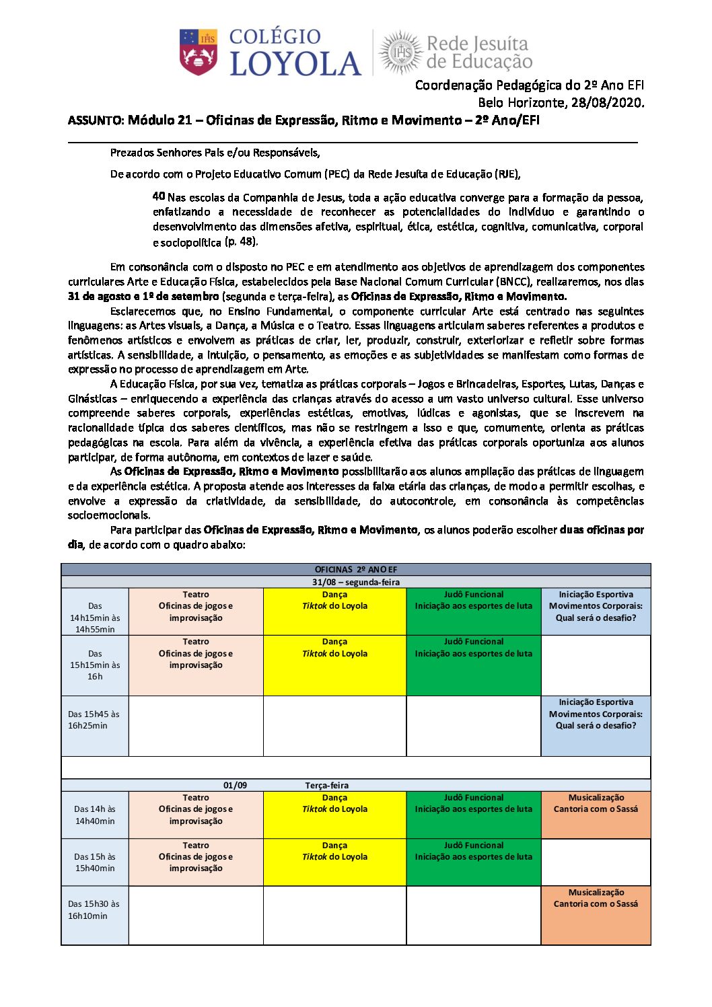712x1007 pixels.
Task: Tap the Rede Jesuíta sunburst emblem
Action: pyautogui.click(x=402, y=52)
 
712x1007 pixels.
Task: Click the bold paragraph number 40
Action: pyautogui.click(x=159, y=196)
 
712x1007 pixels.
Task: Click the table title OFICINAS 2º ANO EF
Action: pyautogui.click(x=355, y=570)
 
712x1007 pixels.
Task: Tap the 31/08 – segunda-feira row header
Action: pyautogui.click(x=355, y=583)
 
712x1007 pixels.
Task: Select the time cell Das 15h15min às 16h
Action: pyautogui.click(x=95, y=665)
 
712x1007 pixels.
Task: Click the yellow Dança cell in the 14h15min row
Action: pyautogui.click(x=334, y=611)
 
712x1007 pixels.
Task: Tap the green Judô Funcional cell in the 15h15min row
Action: pyautogui.click(x=473, y=665)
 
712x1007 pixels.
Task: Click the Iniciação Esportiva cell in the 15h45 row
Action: pyautogui.click(x=596, y=725)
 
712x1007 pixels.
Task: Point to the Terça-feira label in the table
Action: pyautogui.click(x=326, y=785)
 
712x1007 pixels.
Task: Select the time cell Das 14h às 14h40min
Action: pyautogui.click(x=95, y=815)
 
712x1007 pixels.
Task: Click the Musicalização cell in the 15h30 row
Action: pyautogui.click(x=596, y=915)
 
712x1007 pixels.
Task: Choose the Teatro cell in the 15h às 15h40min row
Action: pyautogui.click(x=196, y=862)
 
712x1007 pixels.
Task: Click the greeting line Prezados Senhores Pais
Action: pyautogui.click(x=215, y=153)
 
